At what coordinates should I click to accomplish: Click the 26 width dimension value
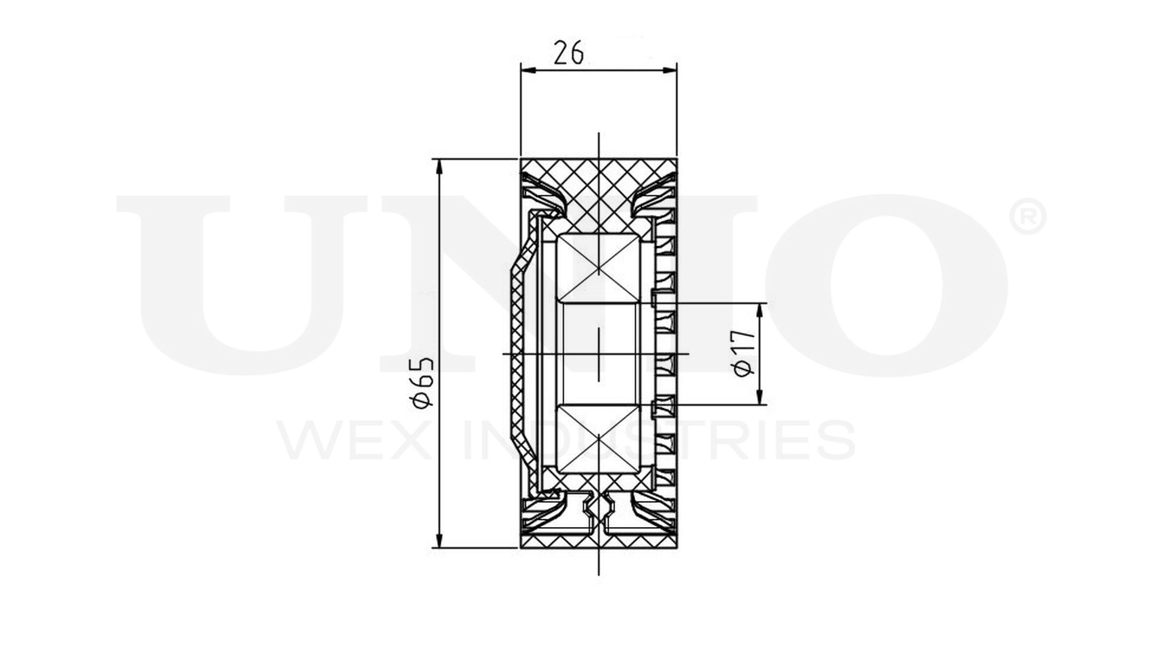click(569, 53)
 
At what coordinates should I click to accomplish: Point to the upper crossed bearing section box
click(598, 267)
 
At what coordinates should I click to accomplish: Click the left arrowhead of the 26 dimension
click(529, 70)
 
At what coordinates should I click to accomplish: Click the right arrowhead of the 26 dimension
click(669, 70)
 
